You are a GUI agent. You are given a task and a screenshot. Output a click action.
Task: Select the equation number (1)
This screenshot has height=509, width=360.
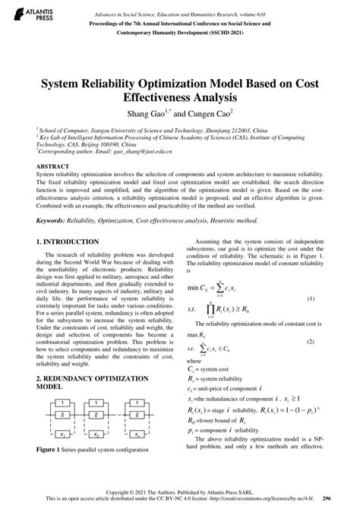click(332, 299)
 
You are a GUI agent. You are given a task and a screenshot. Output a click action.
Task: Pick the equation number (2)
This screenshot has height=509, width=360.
click(332, 342)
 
